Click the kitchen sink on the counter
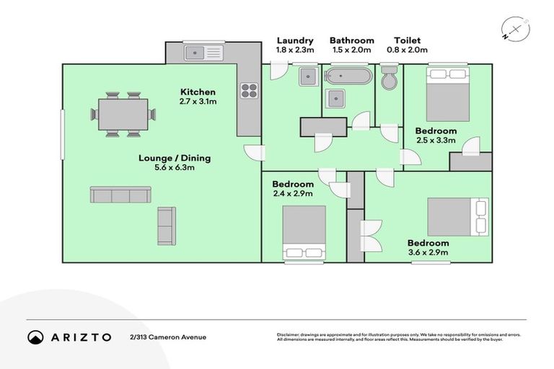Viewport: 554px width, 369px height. point(205,52)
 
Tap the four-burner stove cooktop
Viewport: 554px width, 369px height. point(249,90)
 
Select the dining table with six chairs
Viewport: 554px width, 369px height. point(123,114)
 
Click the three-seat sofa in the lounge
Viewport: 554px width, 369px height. point(120,195)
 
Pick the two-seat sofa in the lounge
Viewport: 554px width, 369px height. point(167,226)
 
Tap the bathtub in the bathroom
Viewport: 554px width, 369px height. point(350,75)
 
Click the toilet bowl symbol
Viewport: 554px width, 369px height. point(389,78)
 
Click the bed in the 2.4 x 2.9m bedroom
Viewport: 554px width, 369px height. point(304,232)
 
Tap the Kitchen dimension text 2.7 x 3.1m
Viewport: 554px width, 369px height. point(198,102)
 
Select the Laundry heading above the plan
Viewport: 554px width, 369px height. point(294,40)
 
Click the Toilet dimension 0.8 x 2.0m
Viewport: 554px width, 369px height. point(407,50)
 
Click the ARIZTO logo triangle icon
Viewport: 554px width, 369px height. point(35,337)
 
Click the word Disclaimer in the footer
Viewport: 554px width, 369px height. point(291,335)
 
